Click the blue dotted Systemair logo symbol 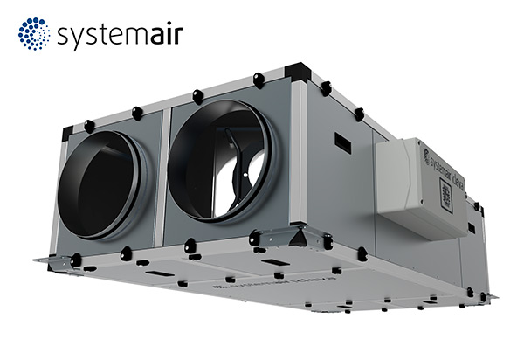34,35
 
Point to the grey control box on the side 424,187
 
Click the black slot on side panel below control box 472,228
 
